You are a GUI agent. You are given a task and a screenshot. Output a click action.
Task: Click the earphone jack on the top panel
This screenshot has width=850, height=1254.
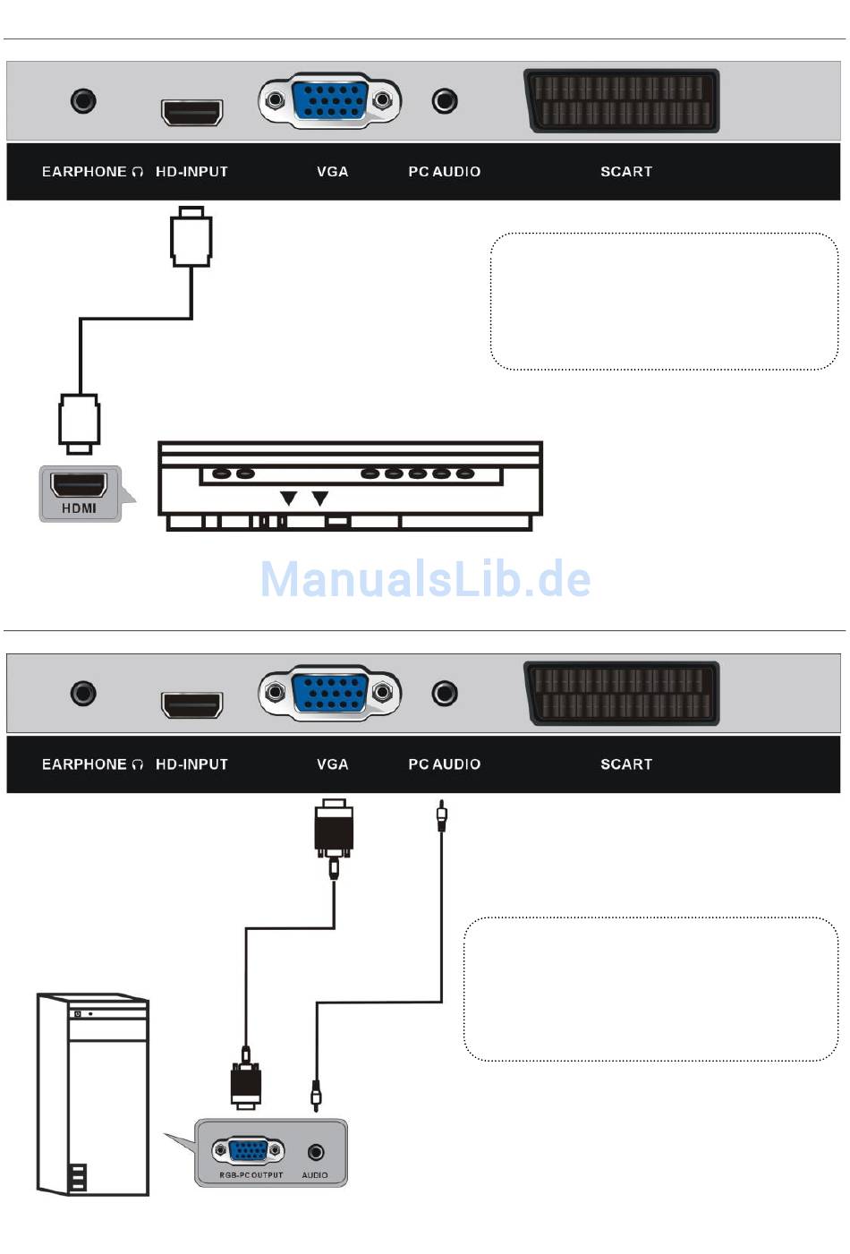(83, 100)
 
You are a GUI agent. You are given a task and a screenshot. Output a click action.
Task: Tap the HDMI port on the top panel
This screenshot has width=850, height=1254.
(191, 112)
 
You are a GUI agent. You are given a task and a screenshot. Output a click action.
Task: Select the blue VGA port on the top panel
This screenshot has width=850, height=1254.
(329, 100)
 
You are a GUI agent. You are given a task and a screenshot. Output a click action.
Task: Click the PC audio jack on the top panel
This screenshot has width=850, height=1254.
(445, 101)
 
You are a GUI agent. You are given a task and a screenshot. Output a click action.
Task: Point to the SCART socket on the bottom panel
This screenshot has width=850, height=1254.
(622, 693)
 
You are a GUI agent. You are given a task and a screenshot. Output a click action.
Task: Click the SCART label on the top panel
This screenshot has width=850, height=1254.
(626, 172)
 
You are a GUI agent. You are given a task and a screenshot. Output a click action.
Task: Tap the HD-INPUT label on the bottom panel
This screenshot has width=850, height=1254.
(191, 764)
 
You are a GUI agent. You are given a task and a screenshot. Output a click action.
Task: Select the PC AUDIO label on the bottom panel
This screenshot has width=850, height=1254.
(445, 764)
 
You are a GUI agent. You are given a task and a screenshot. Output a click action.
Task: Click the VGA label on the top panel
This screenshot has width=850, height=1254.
(332, 172)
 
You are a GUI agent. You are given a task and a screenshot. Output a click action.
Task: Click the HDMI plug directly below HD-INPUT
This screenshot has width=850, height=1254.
(191, 237)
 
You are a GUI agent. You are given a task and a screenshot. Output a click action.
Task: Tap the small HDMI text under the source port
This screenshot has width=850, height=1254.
(79, 508)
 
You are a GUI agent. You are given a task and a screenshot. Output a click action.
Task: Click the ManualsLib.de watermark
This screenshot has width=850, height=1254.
(425, 579)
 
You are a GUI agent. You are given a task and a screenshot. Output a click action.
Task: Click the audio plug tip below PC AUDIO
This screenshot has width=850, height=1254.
(441, 816)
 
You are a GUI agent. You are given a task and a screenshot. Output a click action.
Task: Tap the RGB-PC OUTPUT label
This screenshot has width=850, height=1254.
(251, 1175)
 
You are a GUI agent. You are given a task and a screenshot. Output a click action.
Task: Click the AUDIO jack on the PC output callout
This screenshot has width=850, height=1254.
(315, 1152)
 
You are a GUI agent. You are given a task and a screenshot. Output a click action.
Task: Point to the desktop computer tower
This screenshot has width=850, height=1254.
(93, 1094)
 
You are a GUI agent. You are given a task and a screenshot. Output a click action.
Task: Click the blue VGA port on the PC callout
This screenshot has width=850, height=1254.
(248, 1151)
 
